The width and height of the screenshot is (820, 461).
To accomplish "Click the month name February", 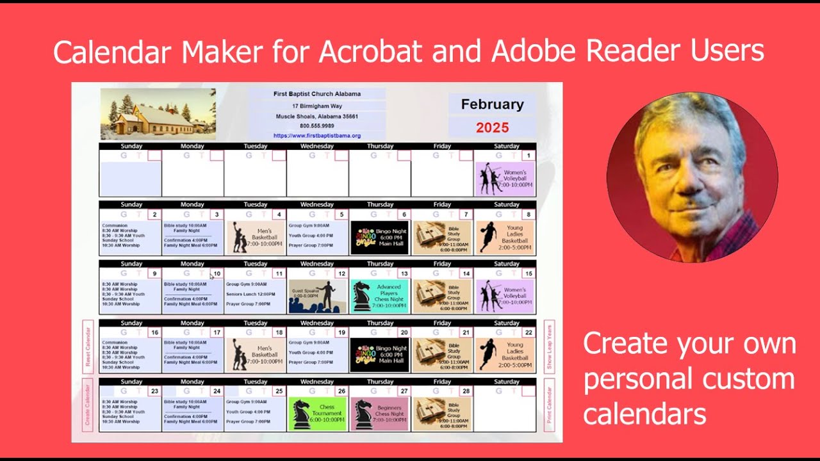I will (491, 104).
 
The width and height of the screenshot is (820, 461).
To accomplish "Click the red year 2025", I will (491, 127).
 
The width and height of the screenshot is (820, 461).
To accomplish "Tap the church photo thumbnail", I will (158, 114).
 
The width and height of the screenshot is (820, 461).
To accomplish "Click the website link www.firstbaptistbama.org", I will (316, 136).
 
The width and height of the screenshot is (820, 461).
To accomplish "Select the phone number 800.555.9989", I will (316, 126).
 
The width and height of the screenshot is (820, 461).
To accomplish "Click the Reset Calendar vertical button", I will (88, 346).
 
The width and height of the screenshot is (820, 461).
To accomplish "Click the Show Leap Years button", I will (549, 346).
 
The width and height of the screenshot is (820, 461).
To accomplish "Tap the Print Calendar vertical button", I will (549, 405).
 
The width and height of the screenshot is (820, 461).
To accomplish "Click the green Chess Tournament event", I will (317, 414).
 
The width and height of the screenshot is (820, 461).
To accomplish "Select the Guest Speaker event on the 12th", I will (317, 296).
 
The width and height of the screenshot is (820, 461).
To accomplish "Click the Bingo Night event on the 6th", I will (380, 238).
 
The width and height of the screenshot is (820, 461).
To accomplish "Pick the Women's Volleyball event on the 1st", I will (505, 179).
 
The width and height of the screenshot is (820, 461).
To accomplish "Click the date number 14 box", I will (466, 273).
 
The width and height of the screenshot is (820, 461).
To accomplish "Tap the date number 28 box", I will (466, 391).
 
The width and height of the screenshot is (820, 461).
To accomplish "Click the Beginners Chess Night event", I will (380, 414).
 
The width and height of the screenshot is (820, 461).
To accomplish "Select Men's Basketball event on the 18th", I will (255, 355).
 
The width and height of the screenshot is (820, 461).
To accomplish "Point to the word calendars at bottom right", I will (644, 414).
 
